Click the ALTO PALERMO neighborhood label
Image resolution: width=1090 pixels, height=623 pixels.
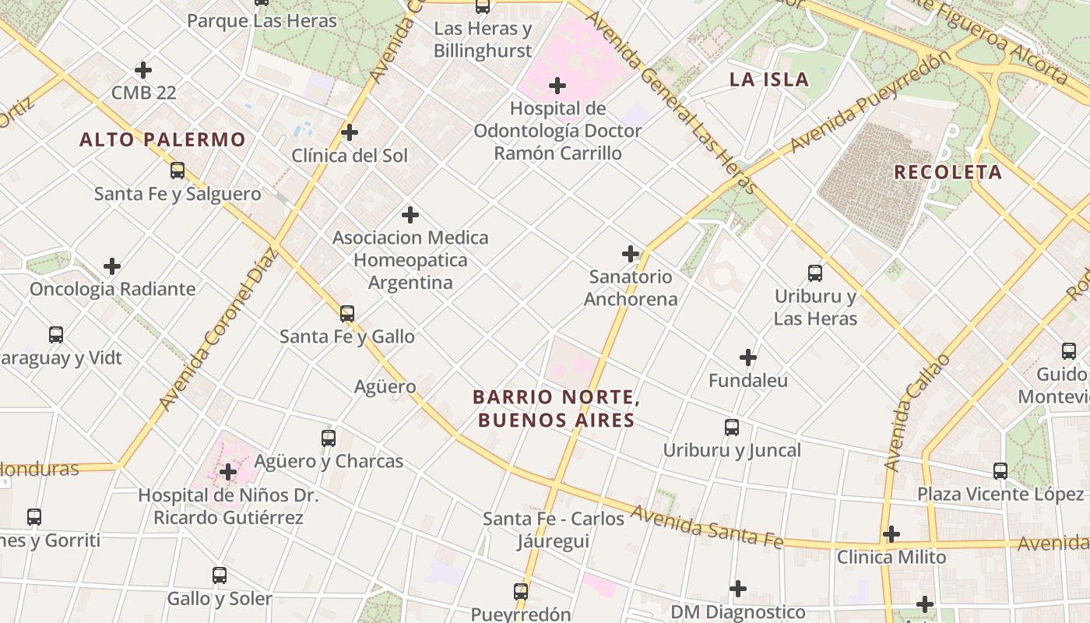pyautogui.click(x=163, y=140)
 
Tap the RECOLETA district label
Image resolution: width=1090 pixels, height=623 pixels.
pyautogui.click(x=948, y=173)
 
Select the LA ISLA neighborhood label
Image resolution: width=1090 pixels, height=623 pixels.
pyautogui.click(x=768, y=79)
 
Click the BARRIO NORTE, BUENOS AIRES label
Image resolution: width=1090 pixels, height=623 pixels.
pyautogui.click(x=556, y=409)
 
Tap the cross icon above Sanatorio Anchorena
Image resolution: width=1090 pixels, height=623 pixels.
pyautogui.click(x=631, y=254)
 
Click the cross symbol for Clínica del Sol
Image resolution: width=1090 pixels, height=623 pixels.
pyautogui.click(x=350, y=132)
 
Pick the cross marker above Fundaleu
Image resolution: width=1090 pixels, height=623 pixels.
pyautogui.click(x=748, y=357)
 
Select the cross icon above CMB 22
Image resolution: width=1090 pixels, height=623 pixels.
pyautogui.click(x=143, y=70)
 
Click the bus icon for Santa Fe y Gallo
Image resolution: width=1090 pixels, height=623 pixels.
pyautogui.click(x=347, y=314)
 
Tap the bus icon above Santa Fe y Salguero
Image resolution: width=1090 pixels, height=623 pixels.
pyautogui.click(x=178, y=171)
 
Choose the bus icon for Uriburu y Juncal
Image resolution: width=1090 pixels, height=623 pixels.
pyautogui.click(x=732, y=428)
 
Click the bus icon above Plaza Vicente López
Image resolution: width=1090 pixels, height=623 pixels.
pyautogui.click(x=1000, y=471)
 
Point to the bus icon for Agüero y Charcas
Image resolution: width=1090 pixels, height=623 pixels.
pyautogui.click(x=329, y=438)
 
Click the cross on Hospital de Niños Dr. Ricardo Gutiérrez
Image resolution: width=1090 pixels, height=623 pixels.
pyautogui.click(x=228, y=472)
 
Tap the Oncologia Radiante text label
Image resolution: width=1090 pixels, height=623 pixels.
pyautogui.click(x=113, y=290)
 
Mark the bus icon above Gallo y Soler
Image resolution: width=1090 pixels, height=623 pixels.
pyautogui.click(x=220, y=576)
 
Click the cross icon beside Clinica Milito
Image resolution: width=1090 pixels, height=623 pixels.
pyautogui.click(x=891, y=534)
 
